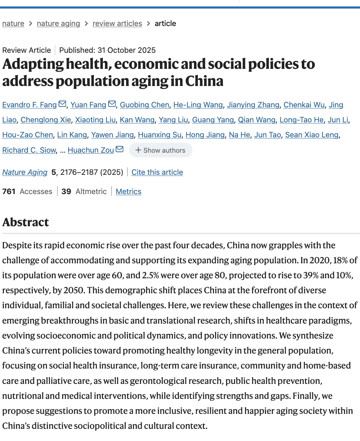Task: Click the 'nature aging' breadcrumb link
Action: click(58, 24)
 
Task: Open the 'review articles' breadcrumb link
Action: click(117, 24)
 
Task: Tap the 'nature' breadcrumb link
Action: click(13, 24)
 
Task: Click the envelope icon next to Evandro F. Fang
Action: click(62, 104)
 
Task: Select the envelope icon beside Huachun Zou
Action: click(120, 149)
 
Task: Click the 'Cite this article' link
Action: click(157, 172)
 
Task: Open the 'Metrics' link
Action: click(129, 192)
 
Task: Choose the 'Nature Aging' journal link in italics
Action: click(25, 172)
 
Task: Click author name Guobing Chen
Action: click(144, 105)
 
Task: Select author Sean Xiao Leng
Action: click(312, 135)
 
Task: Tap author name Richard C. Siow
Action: click(29, 150)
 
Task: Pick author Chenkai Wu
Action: click(304, 105)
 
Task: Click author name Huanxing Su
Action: click(160, 135)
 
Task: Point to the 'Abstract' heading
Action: click(26, 222)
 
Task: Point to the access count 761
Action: click(9, 192)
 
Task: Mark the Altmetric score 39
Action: click(66, 192)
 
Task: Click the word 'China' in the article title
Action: click(204, 81)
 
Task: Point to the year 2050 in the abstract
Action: click(74, 290)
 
